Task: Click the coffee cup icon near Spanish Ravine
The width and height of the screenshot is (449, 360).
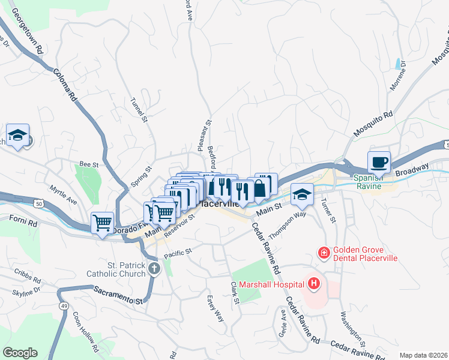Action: click(379, 161)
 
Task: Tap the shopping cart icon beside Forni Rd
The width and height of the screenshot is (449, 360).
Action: click(102, 223)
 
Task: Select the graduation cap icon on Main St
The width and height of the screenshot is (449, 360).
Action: click(302, 193)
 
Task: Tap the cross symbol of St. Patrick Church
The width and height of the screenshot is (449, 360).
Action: click(154, 268)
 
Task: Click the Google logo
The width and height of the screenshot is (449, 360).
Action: click(20, 352)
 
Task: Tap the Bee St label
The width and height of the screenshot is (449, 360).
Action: click(89, 164)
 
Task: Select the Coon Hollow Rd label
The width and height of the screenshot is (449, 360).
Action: click(85, 331)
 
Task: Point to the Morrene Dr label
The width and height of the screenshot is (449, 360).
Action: click(398, 76)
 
